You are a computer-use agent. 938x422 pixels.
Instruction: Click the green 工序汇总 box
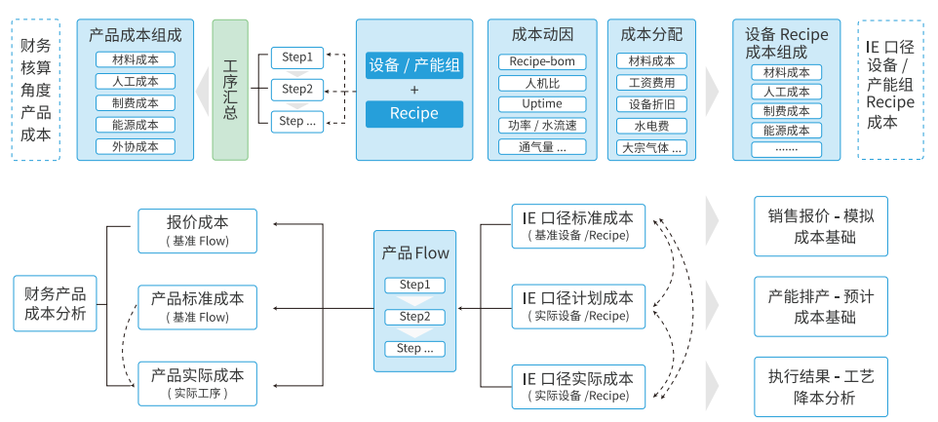coord(230,89)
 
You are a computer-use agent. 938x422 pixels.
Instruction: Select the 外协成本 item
coord(135,146)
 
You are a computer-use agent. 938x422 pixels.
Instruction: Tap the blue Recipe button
coord(414,114)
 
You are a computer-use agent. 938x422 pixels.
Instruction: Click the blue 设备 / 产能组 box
coord(414,65)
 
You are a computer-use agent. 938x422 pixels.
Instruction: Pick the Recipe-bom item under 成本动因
coord(543,61)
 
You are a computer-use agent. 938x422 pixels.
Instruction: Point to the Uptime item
coord(543,104)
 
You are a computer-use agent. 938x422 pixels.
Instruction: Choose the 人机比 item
coord(543,83)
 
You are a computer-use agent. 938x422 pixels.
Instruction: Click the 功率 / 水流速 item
coord(543,126)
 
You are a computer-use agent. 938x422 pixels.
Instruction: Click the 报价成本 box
coord(197,229)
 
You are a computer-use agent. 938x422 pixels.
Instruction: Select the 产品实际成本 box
coord(197,382)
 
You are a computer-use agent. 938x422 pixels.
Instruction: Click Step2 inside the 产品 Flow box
coord(414,317)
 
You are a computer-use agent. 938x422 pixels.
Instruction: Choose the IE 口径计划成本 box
coord(577,305)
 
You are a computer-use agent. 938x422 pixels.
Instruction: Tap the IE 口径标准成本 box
coord(577,225)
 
